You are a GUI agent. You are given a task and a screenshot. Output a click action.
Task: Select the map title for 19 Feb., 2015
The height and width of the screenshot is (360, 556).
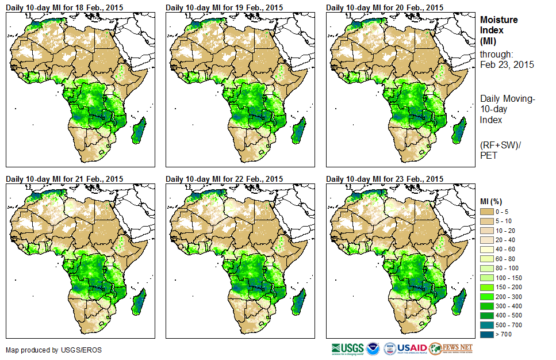pyautogui.click(x=224, y=7)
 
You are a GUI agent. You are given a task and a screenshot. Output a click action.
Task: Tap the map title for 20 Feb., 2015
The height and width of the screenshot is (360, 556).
pyautogui.click(x=385, y=7)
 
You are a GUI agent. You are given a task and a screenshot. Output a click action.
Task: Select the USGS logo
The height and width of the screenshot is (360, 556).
pyautogui.click(x=347, y=348)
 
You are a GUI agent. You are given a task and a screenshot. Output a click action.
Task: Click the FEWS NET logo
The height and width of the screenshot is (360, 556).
pyautogui.click(x=451, y=348)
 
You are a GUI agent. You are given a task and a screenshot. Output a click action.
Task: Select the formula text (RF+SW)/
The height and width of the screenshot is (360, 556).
pyautogui.click(x=498, y=144)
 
